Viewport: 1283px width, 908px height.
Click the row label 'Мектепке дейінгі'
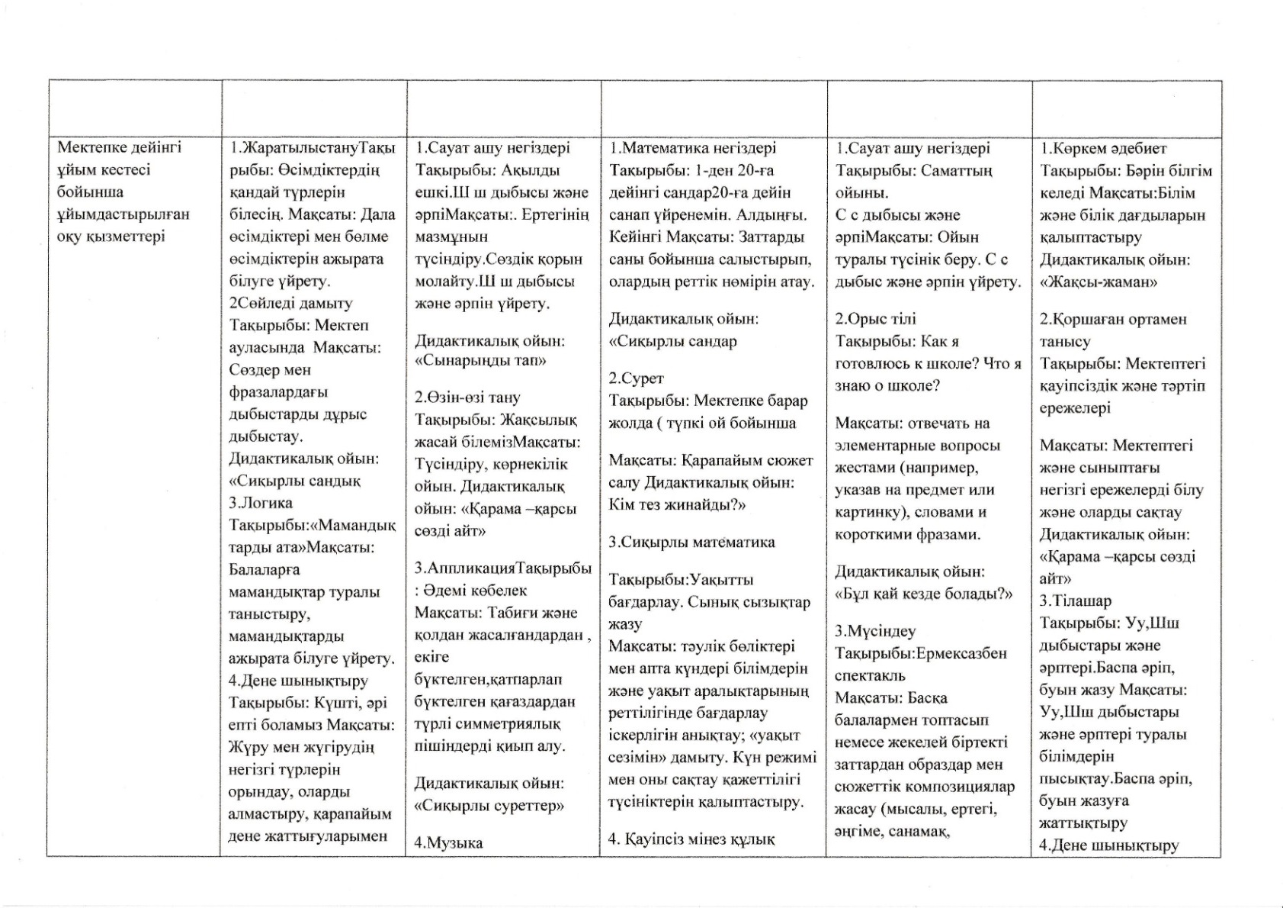[x=120, y=147]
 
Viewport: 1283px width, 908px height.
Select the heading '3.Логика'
[x=261, y=503]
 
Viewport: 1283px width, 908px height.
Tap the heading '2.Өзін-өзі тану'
[x=467, y=398]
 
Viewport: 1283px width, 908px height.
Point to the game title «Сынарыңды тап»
[x=480, y=360]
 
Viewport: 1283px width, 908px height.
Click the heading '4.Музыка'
[x=448, y=842]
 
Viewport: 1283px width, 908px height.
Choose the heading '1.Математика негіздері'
[x=692, y=148]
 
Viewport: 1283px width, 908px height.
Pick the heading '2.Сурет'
[x=636, y=378]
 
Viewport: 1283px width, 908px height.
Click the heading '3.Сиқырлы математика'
[x=691, y=543]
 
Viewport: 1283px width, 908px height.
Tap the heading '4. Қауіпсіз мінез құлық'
[x=691, y=839]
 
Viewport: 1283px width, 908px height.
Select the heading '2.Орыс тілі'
[x=875, y=319]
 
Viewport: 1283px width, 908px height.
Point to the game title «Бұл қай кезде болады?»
[x=924, y=594]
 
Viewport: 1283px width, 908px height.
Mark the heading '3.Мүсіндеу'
[x=875, y=631]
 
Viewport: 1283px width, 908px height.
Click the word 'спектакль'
[x=870, y=675]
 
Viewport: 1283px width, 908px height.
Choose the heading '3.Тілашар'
[x=1076, y=601]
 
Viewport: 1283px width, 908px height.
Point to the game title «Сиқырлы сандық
[x=295, y=481]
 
